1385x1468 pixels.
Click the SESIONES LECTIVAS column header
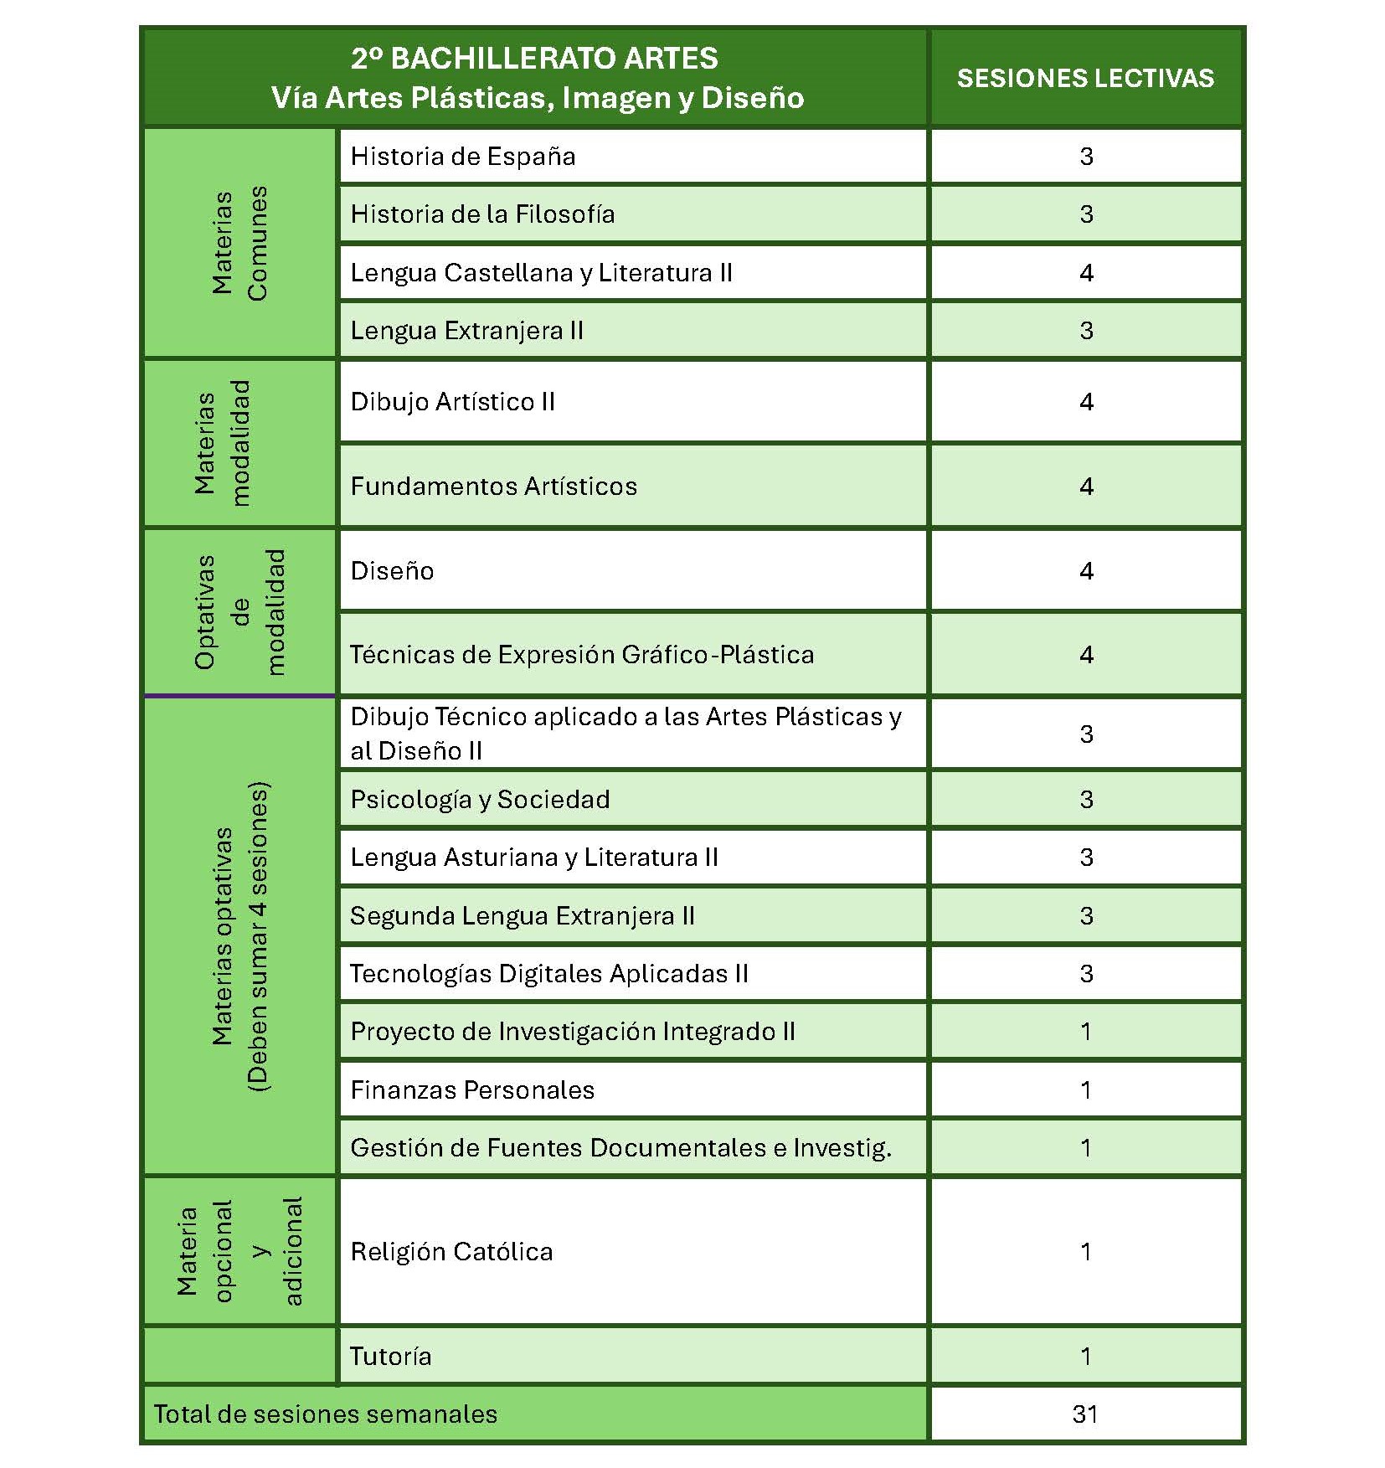[x=1085, y=78]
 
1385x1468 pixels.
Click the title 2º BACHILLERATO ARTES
[x=534, y=59]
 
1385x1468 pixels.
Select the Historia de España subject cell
[x=463, y=157]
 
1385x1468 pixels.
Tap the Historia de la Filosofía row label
[x=482, y=214]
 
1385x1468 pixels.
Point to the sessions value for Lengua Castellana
[x=1086, y=273]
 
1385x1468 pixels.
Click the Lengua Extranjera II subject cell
[x=466, y=331]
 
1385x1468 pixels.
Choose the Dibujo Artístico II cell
[x=453, y=402]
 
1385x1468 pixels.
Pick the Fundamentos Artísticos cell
[x=493, y=487]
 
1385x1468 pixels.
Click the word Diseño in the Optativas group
[x=392, y=571]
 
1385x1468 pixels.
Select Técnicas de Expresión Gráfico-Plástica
[x=581, y=655]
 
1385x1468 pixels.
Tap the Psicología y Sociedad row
[x=480, y=800]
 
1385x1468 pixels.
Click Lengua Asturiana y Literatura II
[x=534, y=858]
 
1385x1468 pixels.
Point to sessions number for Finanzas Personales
[x=1086, y=1090]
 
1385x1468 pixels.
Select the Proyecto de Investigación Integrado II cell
[x=573, y=1032]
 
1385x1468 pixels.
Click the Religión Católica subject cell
[x=451, y=1252]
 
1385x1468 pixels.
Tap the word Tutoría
[x=390, y=1357]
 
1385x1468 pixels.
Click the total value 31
[x=1085, y=1414]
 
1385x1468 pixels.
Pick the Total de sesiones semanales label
[x=326, y=1414]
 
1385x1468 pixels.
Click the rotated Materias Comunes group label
[x=239, y=243]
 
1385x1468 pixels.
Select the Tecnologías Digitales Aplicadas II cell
[x=549, y=974]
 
